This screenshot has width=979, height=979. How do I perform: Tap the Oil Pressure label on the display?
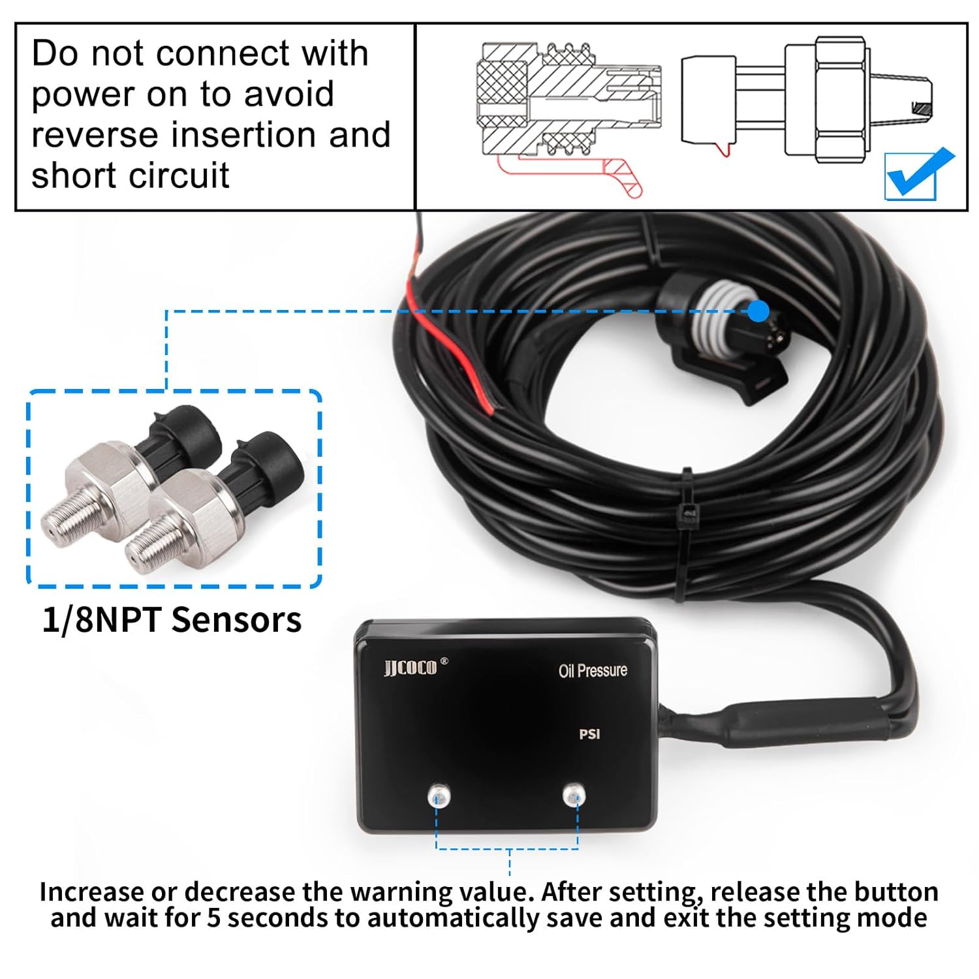click(593, 670)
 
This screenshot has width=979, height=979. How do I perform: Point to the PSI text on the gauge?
click(589, 734)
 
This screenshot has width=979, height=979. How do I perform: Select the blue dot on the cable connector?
click(758, 311)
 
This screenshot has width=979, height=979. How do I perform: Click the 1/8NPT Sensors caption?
click(172, 620)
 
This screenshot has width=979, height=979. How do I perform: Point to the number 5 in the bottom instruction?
click(214, 918)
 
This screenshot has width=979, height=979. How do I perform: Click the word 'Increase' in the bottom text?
click(91, 892)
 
